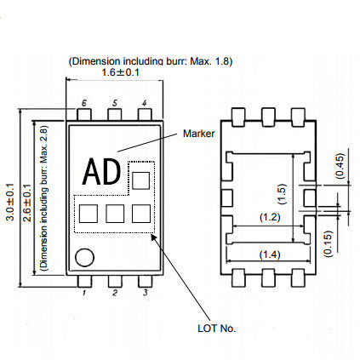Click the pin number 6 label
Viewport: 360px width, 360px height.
point(84,103)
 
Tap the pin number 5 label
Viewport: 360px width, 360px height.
point(114,103)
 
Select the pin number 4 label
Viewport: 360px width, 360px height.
point(145,103)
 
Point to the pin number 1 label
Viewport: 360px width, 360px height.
point(84,293)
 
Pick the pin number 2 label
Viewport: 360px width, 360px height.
point(115,293)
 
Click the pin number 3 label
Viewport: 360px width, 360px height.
point(145,293)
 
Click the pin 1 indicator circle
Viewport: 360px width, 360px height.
point(84,258)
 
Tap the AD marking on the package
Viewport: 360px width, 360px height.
point(101,172)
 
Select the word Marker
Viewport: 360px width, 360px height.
point(198,134)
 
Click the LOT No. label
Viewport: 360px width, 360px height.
point(217,329)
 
